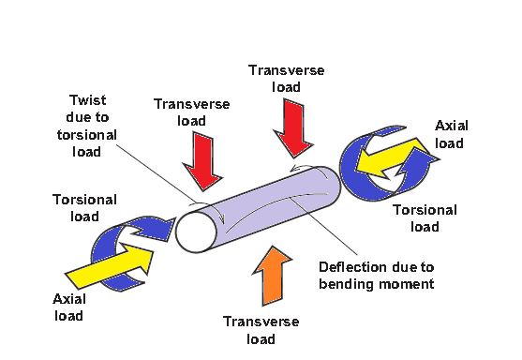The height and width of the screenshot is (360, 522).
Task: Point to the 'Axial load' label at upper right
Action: click(452, 135)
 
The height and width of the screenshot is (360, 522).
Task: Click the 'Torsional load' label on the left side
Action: click(84, 207)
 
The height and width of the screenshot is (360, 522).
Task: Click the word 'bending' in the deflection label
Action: click(343, 281)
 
